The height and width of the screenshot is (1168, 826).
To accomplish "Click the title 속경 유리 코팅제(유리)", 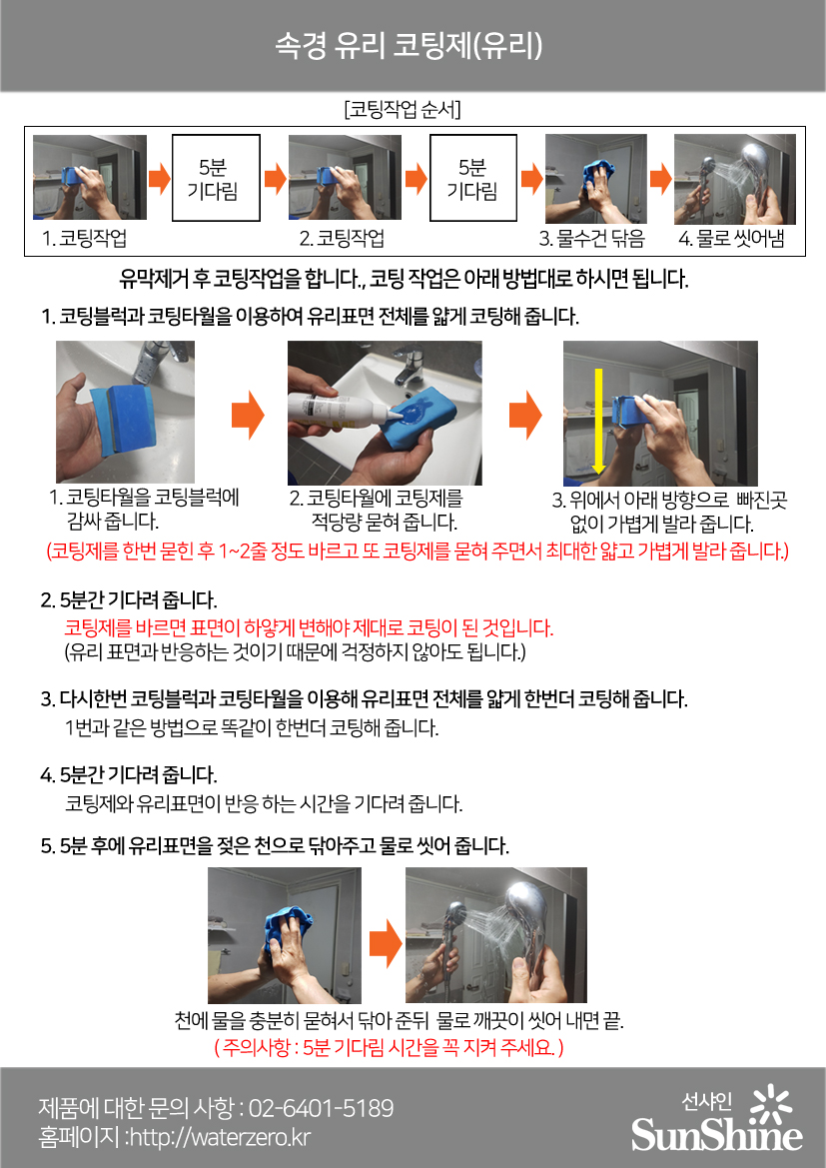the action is point(409,45).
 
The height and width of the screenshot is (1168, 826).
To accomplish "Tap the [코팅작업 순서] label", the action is point(403,110).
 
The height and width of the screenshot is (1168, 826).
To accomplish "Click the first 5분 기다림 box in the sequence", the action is point(216,177).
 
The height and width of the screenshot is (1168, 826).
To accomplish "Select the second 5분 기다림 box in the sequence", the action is point(473,177).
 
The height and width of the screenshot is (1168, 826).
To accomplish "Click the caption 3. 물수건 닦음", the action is point(591,239).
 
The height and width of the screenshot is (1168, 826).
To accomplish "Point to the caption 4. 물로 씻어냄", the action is point(731,239).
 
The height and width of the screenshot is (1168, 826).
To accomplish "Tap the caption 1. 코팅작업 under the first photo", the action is point(84,239).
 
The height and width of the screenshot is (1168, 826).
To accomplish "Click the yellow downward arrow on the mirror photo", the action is point(597,420).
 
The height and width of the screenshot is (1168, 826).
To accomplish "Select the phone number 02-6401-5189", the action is point(321,1108).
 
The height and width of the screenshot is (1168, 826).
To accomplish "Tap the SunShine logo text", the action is point(716,1134).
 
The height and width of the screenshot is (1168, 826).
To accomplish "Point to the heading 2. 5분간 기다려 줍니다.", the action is point(128,599).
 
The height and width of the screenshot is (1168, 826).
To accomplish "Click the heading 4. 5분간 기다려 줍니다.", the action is point(128,774).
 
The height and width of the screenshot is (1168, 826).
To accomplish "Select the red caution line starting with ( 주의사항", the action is point(389,1047).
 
